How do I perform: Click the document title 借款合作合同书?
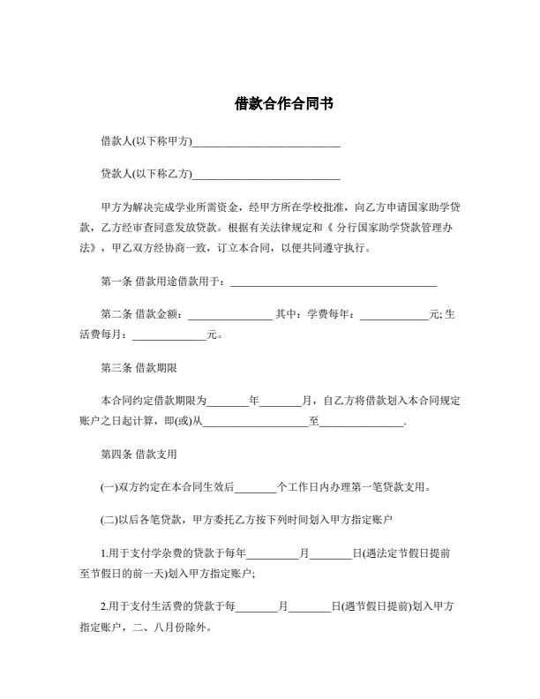pos(270,103)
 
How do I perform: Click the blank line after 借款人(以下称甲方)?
pos(266,142)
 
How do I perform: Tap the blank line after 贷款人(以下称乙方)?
pos(266,175)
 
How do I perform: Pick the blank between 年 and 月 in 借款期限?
pos(281,401)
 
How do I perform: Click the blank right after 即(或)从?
pos(256,423)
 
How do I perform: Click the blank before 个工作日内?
pos(256,486)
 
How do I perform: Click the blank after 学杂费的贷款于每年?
pos(273,553)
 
